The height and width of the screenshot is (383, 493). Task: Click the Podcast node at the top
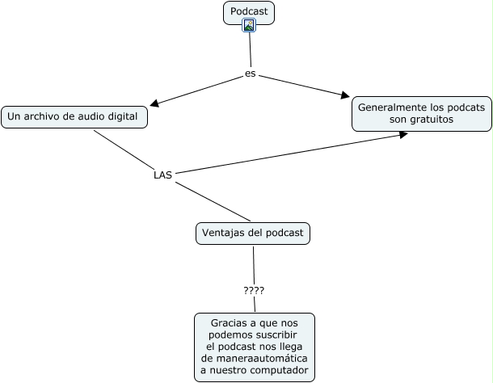tap(248, 11)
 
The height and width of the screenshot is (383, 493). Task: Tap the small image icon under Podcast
tap(249, 25)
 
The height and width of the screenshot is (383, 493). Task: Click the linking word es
tap(250, 74)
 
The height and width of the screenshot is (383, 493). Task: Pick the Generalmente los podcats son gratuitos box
tap(421, 113)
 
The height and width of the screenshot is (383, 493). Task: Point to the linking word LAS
tap(162, 174)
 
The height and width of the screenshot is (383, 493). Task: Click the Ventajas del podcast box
tap(253, 234)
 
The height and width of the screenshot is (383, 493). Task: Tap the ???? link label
tap(254, 290)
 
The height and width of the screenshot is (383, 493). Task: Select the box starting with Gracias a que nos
tap(255, 347)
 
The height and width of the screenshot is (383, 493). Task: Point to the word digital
tap(121, 116)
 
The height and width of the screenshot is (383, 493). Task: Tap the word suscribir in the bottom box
tap(275, 335)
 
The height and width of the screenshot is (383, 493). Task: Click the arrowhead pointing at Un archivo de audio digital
tap(154, 103)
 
